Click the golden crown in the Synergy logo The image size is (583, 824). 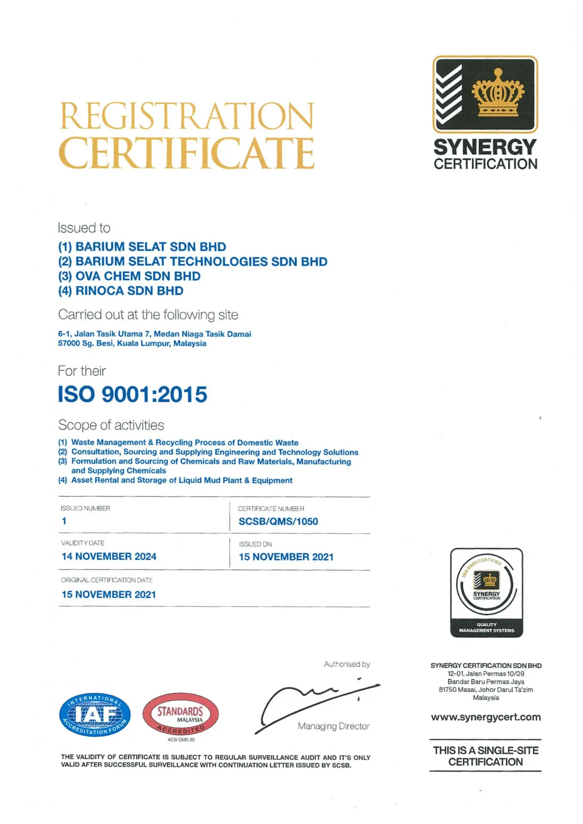[x=498, y=94]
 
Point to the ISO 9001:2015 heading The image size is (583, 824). [x=133, y=394]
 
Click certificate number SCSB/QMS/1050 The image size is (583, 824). [x=278, y=521]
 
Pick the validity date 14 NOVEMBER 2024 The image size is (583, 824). [x=109, y=556]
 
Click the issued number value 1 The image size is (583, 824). [x=64, y=521]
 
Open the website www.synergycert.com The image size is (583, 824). [x=486, y=717]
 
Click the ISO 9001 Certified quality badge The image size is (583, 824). [x=486, y=592]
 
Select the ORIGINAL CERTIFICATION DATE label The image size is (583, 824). [x=106, y=580]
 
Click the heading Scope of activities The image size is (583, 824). [x=111, y=425]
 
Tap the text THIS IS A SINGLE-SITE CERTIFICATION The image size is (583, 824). [x=486, y=756]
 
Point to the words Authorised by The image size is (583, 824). [x=347, y=664]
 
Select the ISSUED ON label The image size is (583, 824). [x=255, y=544]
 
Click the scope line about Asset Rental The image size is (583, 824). [x=182, y=480]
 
